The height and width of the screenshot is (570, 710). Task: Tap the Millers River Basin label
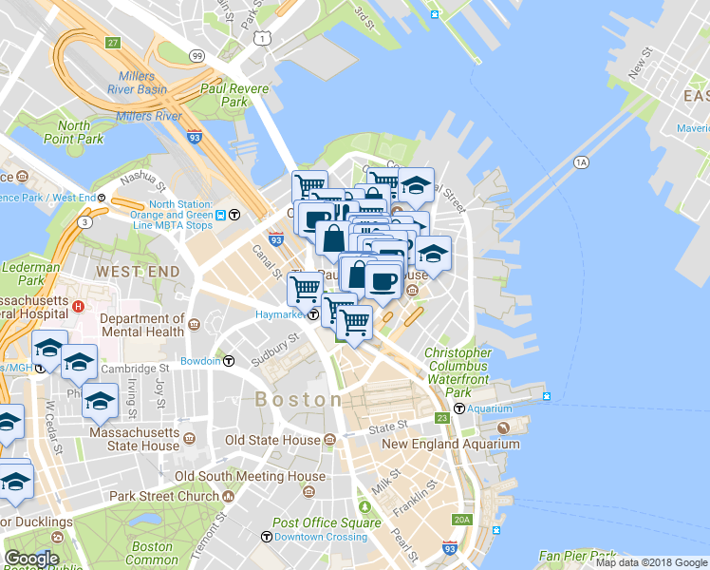coord(144,83)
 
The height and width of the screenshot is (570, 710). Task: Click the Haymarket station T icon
coord(312,314)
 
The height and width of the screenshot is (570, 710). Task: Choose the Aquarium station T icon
coord(459,408)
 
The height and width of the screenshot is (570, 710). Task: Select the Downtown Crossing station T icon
coord(267,538)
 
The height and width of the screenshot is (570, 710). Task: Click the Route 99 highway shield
coord(196,57)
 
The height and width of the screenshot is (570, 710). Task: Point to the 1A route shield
coord(581,163)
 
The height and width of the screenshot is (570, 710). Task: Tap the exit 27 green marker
coord(113,44)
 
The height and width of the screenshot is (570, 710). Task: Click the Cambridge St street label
coord(137,368)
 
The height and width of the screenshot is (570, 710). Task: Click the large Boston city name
coord(298,400)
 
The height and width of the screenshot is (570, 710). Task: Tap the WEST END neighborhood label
coord(138,272)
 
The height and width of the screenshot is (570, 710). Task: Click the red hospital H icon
coord(80,307)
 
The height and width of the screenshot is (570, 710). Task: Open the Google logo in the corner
coord(31,558)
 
